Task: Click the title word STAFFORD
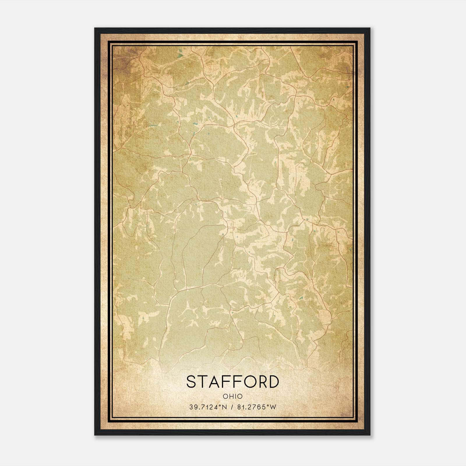pos(232,382)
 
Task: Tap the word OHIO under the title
pos(232,396)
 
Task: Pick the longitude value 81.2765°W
pos(256,407)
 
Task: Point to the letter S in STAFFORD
pos(192,382)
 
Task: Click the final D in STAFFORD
pos(273,382)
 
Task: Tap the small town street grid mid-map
pos(231,225)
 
